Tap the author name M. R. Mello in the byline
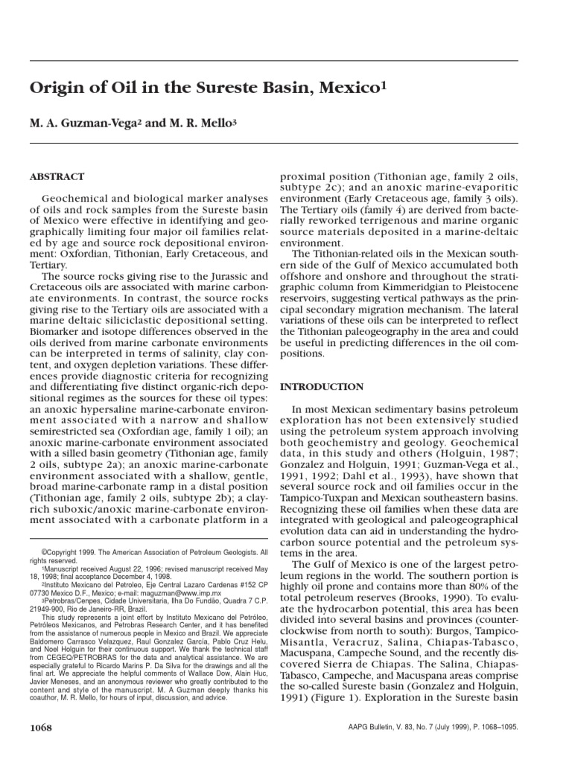(198, 122)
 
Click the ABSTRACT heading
(57, 177)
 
